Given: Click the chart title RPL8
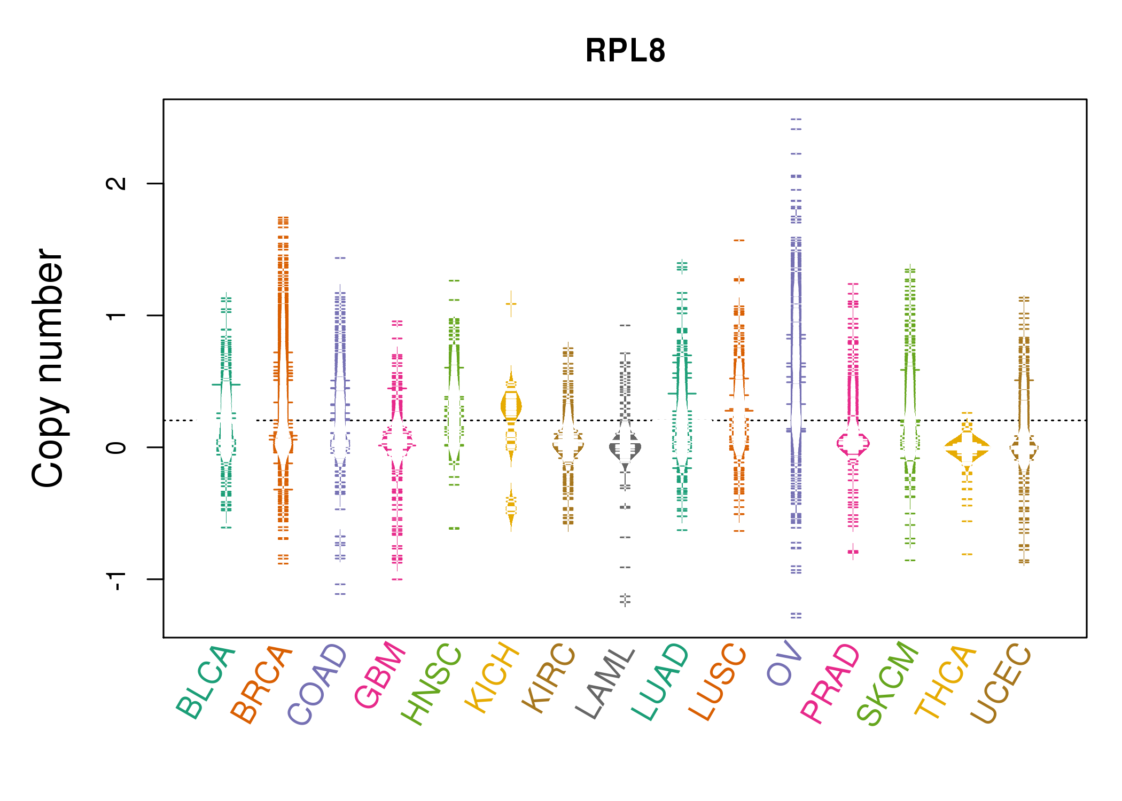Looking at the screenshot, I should (x=625, y=51).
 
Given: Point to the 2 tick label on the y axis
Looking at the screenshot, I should (x=116, y=183).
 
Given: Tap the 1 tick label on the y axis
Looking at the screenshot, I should (x=116, y=315).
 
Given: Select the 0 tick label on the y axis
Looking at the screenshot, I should (x=116, y=447).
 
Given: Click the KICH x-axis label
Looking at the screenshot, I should (x=492, y=678).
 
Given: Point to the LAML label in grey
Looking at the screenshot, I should (x=605, y=684).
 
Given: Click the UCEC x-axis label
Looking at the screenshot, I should (x=1001, y=684).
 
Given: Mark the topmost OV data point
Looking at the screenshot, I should (x=796, y=120).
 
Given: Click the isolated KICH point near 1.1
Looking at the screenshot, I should (x=511, y=304).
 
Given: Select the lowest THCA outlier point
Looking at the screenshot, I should (x=967, y=554).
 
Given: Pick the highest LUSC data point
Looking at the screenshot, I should (x=739, y=240).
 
